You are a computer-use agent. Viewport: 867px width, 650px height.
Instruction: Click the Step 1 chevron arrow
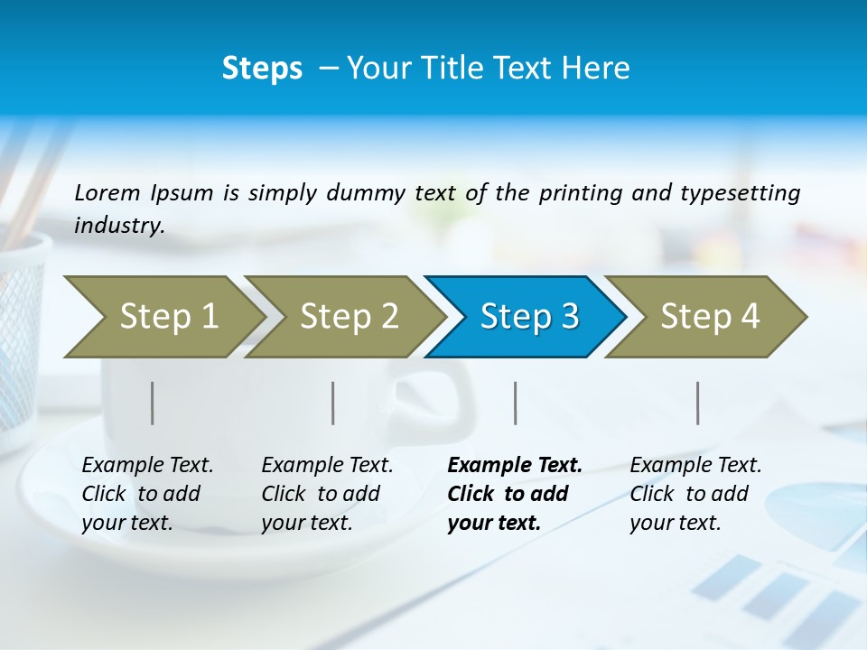(163, 317)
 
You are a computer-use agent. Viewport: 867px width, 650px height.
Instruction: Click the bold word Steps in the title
(262, 69)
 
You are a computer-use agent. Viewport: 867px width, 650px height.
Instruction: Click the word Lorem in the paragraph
(107, 192)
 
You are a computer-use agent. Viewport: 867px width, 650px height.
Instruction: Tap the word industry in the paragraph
(119, 226)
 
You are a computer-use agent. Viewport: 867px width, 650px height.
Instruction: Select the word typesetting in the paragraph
(740, 193)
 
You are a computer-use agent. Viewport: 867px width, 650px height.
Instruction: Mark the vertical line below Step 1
(153, 403)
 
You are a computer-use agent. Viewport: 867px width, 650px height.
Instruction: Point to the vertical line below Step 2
(333, 403)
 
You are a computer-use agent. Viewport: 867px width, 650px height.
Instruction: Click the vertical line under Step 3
(516, 403)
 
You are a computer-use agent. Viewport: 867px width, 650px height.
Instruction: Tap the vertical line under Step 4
(698, 403)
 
